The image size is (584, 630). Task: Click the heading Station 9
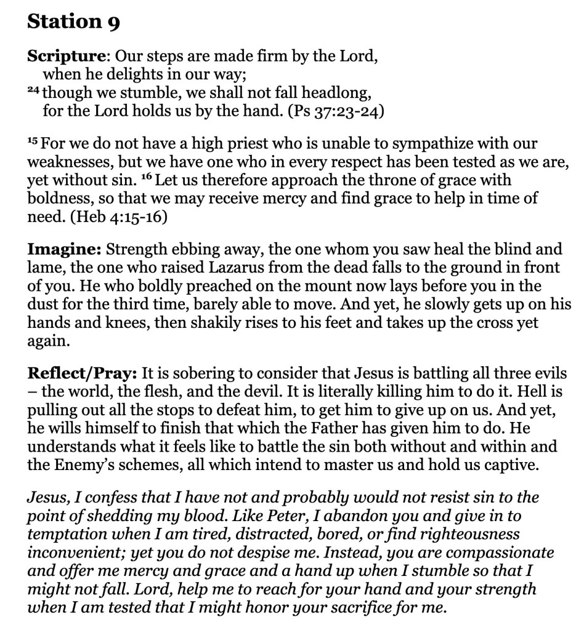click(73, 23)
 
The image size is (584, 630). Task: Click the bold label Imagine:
click(64, 250)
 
